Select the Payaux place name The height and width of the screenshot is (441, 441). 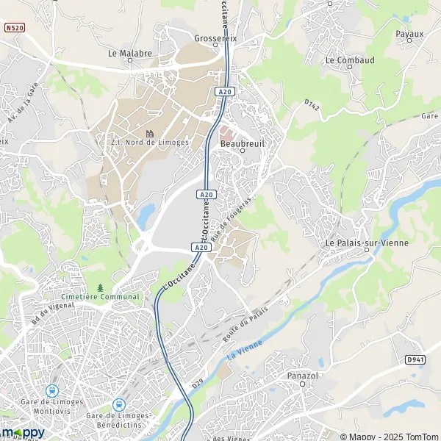(x=409, y=34)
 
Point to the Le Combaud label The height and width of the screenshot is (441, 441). (x=350, y=60)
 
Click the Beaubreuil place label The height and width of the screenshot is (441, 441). (x=242, y=143)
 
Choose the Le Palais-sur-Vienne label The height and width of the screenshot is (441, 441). (x=366, y=243)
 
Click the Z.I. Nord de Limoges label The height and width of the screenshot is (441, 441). (x=149, y=143)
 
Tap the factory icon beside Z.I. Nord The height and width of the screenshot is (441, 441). (x=150, y=133)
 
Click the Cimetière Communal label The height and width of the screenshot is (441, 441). (x=101, y=296)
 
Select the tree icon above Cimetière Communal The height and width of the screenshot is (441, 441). (x=101, y=287)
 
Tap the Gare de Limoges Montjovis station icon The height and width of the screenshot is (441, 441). (x=51, y=390)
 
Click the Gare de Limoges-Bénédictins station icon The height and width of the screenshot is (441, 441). (x=118, y=404)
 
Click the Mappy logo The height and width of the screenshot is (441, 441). (x=22, y=433)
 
